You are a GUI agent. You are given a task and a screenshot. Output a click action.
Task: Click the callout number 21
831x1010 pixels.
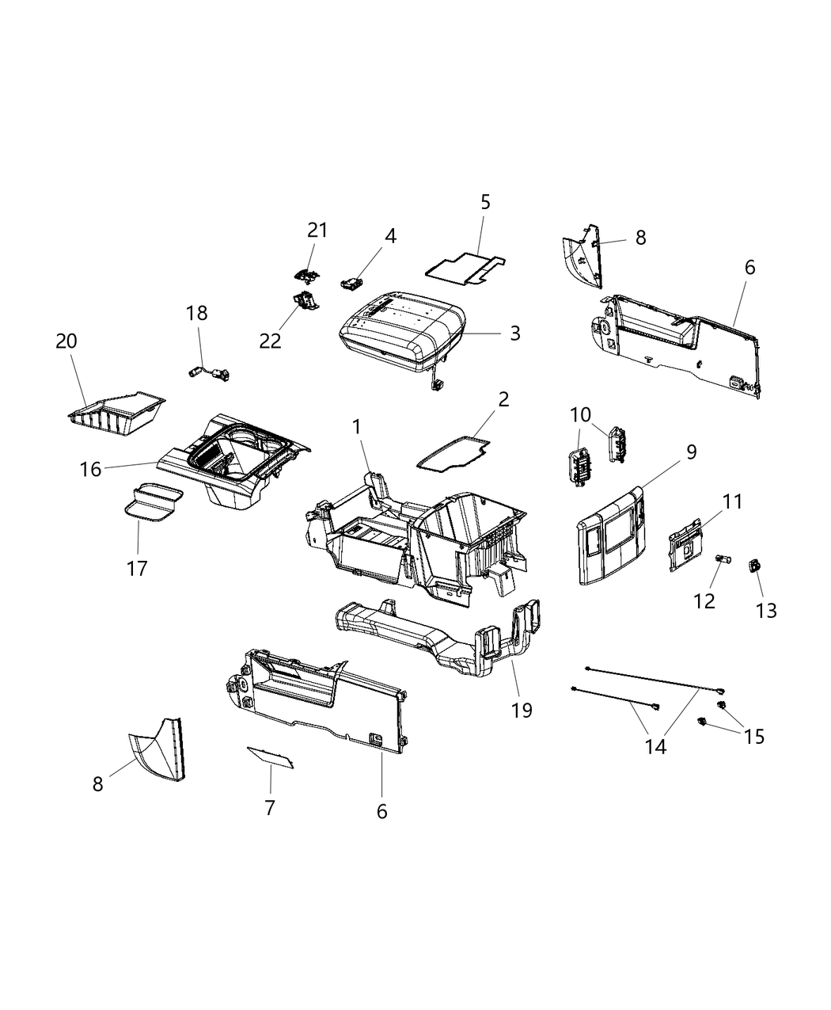click(317, 230)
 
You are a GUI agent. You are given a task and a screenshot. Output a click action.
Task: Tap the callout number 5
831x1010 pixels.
click(485, 202)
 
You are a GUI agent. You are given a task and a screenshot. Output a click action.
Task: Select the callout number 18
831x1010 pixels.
click(197, 313)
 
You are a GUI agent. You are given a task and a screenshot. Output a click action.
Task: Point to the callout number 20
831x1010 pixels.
click(66, 341)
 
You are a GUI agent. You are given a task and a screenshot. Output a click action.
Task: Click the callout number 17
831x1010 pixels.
click(137, 568)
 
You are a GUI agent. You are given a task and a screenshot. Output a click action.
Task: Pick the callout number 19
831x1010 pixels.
click(522, 710)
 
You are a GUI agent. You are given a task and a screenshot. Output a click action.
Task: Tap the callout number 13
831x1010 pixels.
click(766, 610)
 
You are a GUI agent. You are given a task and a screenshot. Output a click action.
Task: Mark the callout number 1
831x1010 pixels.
click(357, 427)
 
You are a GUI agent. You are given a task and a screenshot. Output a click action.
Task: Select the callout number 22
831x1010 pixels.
click(271, 340)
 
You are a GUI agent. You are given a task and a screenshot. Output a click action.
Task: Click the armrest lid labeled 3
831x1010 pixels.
click(400, 333)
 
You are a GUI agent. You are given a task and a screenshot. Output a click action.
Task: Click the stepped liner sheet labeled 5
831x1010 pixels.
click(465, 269)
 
